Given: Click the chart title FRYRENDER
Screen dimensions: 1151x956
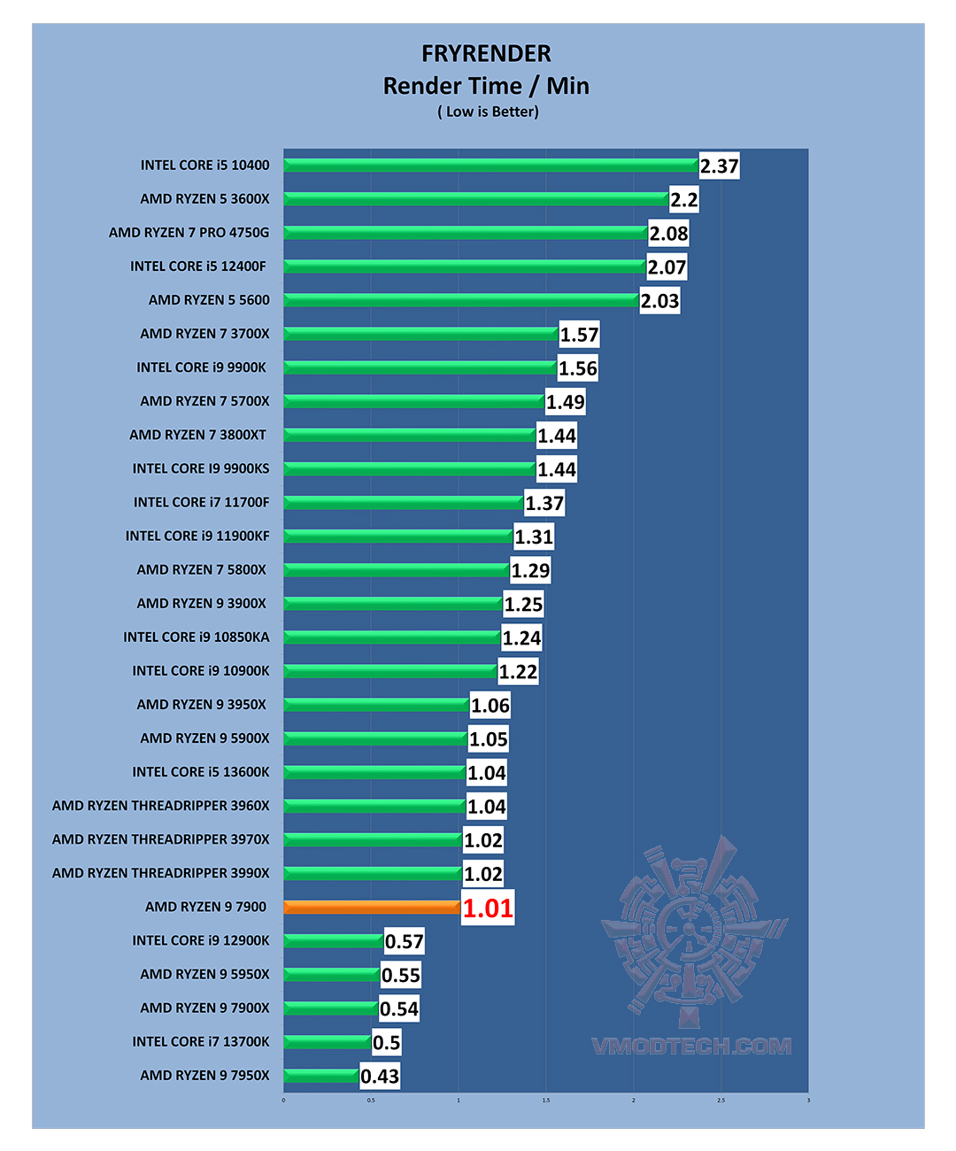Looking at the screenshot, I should pos(486,54).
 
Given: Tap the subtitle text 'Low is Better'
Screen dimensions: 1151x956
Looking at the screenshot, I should pos(488,112).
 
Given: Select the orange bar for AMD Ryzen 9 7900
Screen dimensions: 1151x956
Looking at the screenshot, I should pos(372,907).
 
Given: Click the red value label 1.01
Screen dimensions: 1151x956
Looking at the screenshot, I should pos(488,908).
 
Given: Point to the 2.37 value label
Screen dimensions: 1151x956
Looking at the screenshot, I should pos(719,166).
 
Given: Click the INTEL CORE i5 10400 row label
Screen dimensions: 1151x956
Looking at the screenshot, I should pos(204,166).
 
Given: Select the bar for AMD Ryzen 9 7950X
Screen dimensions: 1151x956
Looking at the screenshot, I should pos(321,1076).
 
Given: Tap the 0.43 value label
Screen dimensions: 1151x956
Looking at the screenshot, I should pos(380,1077).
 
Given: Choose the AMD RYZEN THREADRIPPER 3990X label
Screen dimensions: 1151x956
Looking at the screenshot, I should pos(161,873).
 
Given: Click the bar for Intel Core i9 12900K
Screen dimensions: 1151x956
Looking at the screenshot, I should pos(334,940).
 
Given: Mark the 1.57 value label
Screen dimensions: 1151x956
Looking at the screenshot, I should pos(579,335).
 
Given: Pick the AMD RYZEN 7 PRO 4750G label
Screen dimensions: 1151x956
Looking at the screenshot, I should pos(189,233).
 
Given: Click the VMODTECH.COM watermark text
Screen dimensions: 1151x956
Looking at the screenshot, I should pos(691,1047).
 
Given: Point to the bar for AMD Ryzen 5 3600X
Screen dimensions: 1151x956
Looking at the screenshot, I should pos(476,199).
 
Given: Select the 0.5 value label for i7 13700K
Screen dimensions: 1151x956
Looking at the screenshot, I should pos(386,1043).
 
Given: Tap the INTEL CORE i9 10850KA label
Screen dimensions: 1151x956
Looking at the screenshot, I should pos(197,637).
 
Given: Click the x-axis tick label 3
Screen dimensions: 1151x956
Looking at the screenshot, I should pos(808,1101).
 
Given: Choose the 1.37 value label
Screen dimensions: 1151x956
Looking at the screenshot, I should pos(544,504).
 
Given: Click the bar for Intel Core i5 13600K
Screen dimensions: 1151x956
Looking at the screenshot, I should pos(374,772).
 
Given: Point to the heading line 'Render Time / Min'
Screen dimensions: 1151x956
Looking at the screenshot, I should pos(486,86).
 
